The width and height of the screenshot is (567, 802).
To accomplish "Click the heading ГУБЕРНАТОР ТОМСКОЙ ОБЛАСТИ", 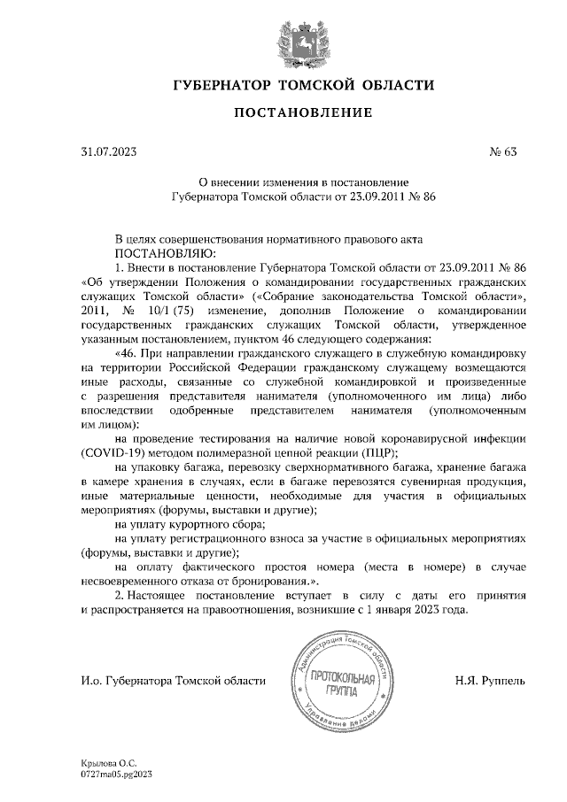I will pyautogui.click(x=302, y=85).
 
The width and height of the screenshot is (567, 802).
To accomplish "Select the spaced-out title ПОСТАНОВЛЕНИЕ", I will pyautogui.click(x=302, y=113).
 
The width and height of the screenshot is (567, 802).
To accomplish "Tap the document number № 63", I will pyautogui.click(x=502, y=151).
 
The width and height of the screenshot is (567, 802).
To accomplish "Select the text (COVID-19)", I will pyautogui.click(x=113, y=452).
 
